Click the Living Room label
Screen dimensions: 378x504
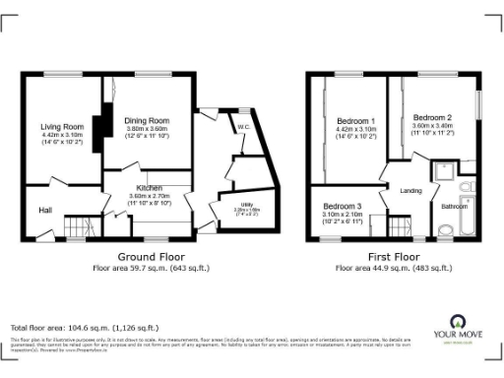[62, 127]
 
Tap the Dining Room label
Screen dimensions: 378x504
[147, 120]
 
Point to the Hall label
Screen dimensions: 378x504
[45, 210]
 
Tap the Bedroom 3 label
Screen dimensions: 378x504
[343, 206]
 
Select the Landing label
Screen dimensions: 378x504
[411, 191]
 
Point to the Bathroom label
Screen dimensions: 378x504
[454, 207]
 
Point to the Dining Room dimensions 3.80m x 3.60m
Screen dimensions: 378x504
[147, 129]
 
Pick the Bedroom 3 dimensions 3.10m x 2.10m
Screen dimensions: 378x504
[343, 215]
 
